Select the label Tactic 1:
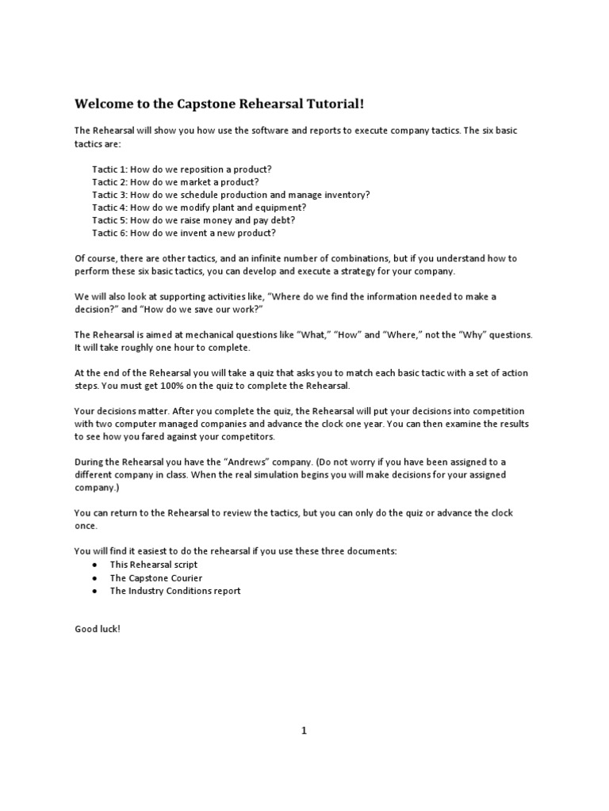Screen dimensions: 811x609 click(x=109, y=169)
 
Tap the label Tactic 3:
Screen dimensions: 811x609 click(x=109, y=195)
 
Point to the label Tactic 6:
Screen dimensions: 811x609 click(x=109, y=233)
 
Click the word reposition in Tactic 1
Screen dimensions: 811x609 click(x=205, y=169)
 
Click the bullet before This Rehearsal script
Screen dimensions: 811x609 click(x=94, y=565)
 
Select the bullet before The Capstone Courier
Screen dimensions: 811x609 click(x=94, y=577)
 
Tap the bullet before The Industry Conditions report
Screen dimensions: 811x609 click(x=94, y=590)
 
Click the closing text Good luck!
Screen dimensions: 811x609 click(x=98, y=628)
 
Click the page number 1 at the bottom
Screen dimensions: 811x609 click(x=304, y=731)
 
